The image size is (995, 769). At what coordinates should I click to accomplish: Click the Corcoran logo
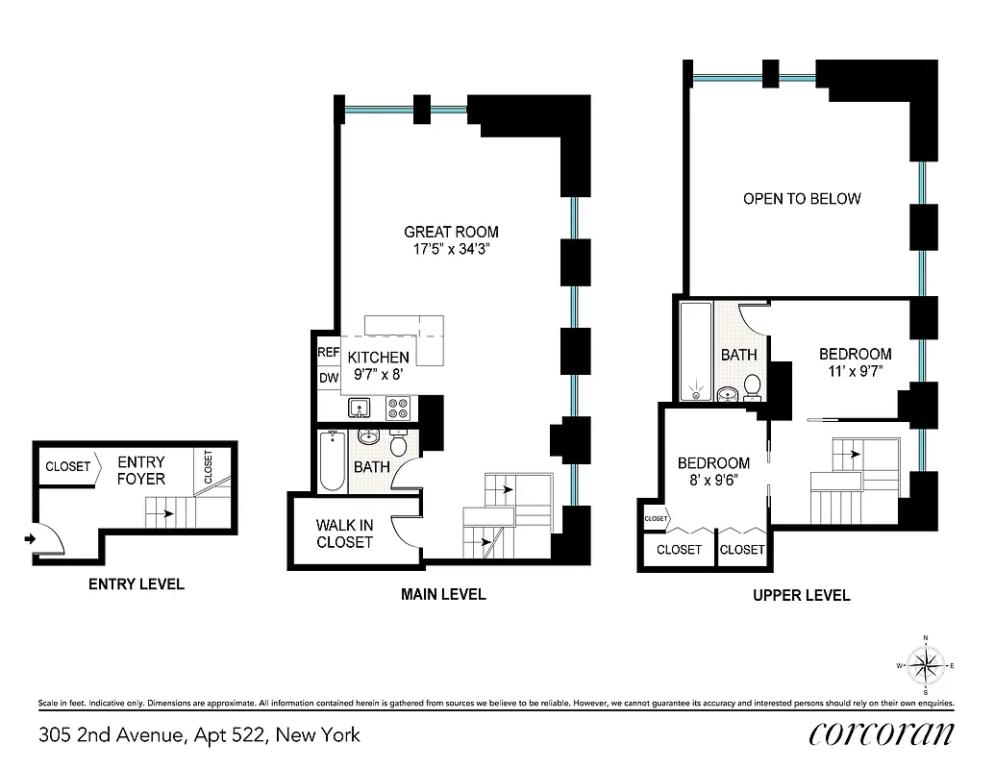click(x=882, y=733)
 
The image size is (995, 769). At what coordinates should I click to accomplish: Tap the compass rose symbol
click(x=926, y=664)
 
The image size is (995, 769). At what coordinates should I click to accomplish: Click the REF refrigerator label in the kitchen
click(x=328, y=353)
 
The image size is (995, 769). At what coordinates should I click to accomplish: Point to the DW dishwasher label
click(x=328, y=378)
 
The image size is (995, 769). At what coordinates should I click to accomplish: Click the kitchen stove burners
click(x=398, y=409)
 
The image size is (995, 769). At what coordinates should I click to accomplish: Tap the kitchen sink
click(x=361, y=409)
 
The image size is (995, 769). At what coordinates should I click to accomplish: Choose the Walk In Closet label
click(x=344, y=533)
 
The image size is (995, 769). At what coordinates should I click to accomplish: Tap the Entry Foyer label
click(x=141, y=470)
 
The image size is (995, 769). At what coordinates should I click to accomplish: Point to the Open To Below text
click(x=802, y=199)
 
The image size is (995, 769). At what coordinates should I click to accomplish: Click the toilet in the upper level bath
click(x=752, y=386)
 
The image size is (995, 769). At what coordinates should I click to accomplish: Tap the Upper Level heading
click(x=801, y=595)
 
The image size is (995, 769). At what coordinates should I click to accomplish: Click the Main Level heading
click(x=443, y=594)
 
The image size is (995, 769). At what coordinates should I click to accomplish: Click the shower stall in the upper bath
click(x=695, y=351)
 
